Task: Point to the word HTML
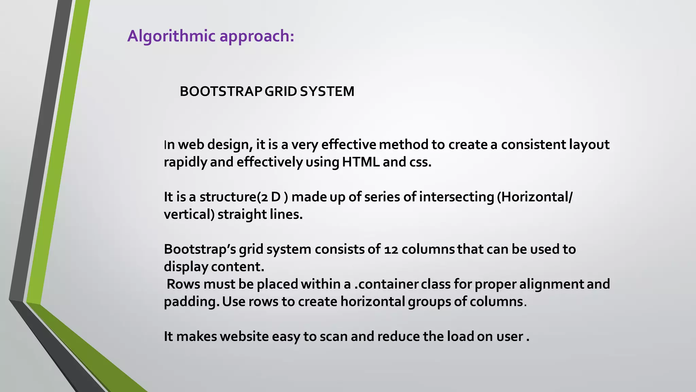click(361, 162)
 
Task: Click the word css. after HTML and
click(419, 162)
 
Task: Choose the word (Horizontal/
click(535, 197)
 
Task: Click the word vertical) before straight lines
click(189, 215)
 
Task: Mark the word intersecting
click(456, 197)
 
